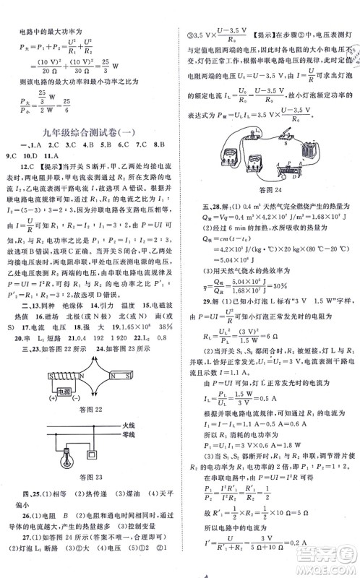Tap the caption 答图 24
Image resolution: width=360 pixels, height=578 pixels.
[269, 210]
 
